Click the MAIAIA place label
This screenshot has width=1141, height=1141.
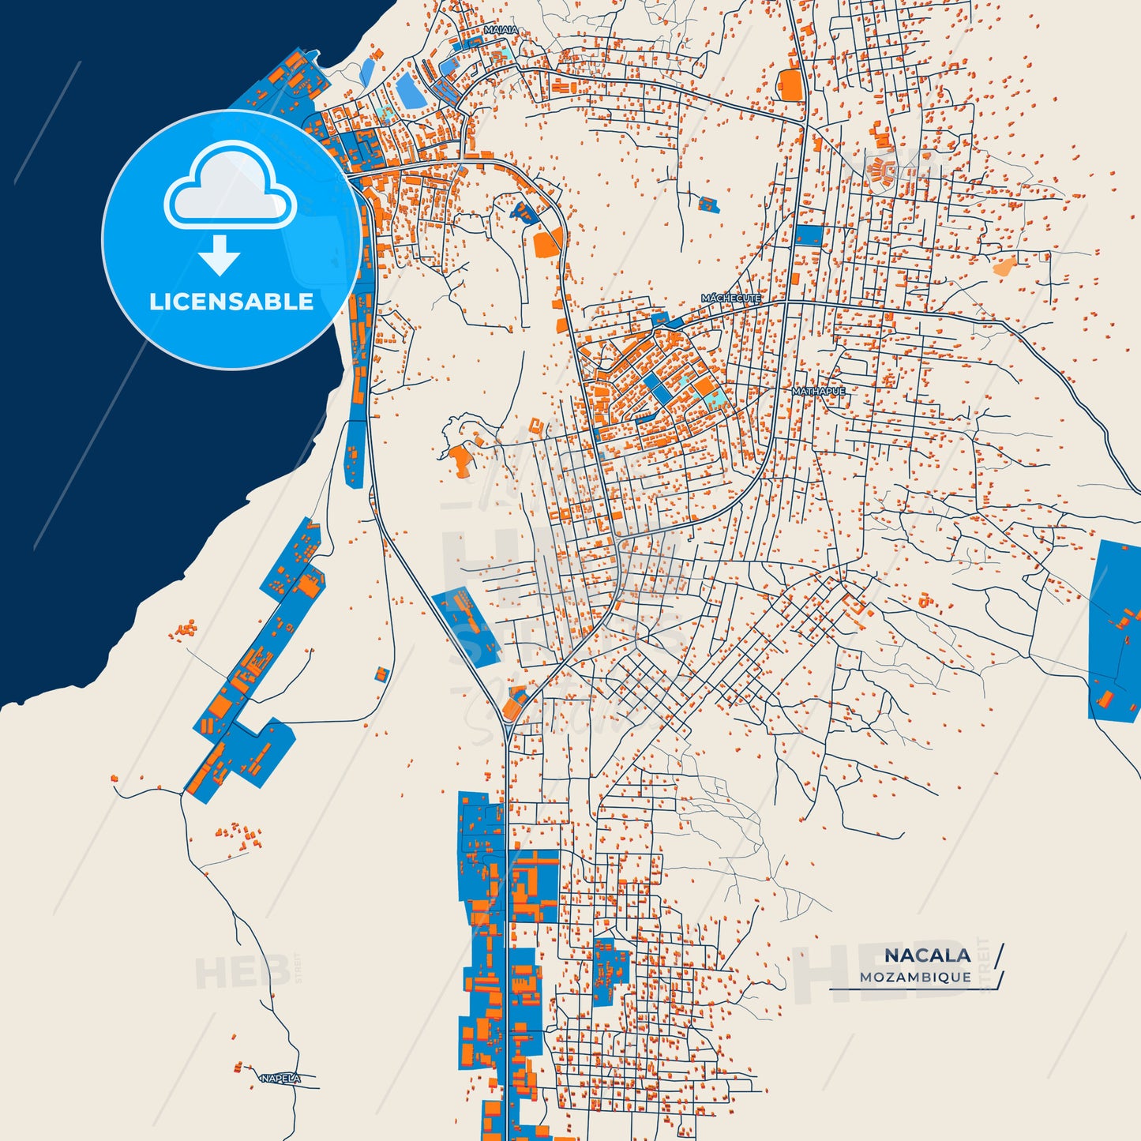pos(501,30)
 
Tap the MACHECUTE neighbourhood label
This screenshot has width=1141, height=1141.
pos(731,298)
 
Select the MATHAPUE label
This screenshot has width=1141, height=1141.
pos(818,391)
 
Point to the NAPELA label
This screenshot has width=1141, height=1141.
pos(280,1078)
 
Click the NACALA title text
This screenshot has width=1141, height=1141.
pos(927,955)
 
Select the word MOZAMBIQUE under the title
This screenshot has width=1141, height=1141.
pos(916,977)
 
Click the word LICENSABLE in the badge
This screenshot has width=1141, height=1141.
pos(231,302)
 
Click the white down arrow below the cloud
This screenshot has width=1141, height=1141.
pos(220,254)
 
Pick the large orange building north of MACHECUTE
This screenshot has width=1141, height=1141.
pos(790,85)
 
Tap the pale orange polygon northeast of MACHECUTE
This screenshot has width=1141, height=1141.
pos(1004,266)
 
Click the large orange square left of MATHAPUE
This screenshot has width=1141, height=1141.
pos(703,387)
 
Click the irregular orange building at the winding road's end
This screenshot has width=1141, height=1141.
pos(458,461)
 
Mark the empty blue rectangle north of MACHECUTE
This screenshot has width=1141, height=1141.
pos(808,235)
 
